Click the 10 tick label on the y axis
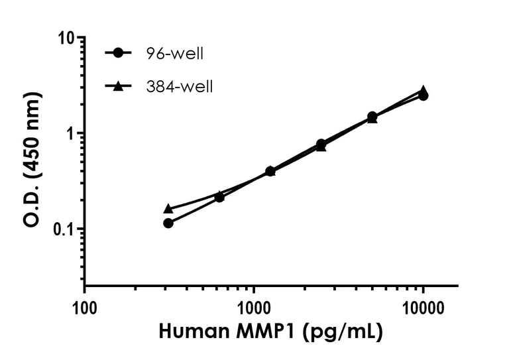point(65,38)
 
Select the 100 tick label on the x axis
point(84,306)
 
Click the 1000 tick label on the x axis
point(254,306)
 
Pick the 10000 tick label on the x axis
point(423,306)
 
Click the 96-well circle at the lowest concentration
point(168,223)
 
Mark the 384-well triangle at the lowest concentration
point(168,208)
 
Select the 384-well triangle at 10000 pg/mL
point(423,90)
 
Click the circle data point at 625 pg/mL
point(219,198)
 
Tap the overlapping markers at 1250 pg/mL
point(270,171)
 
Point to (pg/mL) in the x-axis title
point(345,331)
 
